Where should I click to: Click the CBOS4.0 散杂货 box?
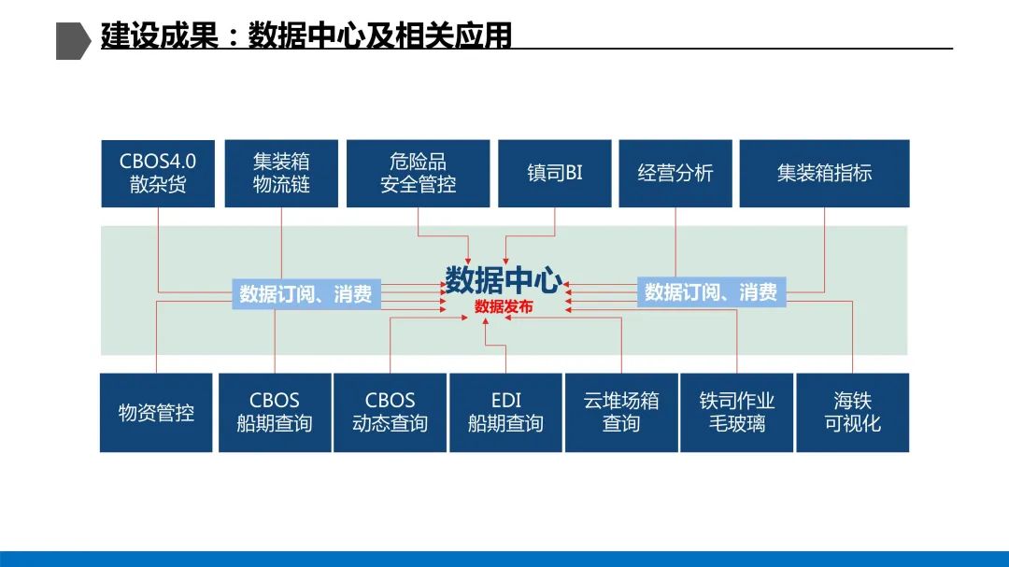tap(157, 173)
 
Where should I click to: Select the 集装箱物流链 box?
tap(281, 173)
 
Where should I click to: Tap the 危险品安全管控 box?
tap(418, 173)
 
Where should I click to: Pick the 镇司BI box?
tap(554, 173)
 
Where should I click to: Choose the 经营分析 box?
tap(675, 173)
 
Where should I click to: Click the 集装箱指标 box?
tap(824, 173)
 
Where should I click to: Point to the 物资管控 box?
tap(156, 412)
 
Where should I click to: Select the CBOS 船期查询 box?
tap(275, 412)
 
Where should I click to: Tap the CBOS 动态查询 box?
tap(390, 412)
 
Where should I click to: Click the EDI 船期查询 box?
tap(505, 412)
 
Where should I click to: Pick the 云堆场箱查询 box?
tap(621, 412)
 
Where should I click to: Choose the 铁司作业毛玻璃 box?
tap(737, 412)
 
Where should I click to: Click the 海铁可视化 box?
tap(852, 412)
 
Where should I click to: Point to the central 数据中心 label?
tap(504, 279)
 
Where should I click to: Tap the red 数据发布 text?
tap(504, 305)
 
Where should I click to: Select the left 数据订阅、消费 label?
tap(306, 294)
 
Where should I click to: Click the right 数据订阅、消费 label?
tap(711, 292)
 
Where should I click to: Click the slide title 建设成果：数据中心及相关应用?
tap(306, 36)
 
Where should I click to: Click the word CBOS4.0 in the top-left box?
tap(157, 161)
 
